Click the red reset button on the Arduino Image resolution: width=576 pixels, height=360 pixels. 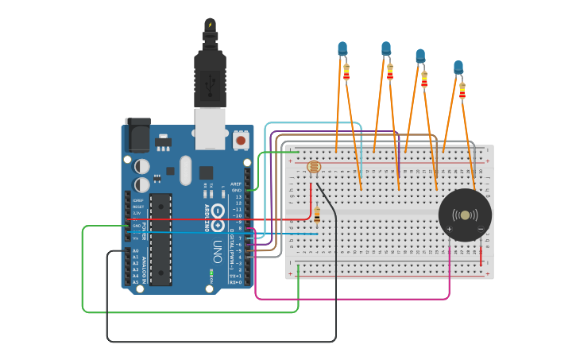[x=240, y=141]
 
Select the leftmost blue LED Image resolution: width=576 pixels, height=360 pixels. [x=342, y=49]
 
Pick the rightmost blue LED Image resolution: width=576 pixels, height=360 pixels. [x=458, y=68]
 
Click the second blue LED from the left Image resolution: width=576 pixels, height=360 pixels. [x=386, y=49]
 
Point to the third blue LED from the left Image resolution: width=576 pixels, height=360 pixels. [x=420, y=56]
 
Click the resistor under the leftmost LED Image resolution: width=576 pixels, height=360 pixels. [x=346, y=72]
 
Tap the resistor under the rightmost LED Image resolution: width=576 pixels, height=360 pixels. [x=462, y=91]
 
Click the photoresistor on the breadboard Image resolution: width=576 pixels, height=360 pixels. [x=312, y=168]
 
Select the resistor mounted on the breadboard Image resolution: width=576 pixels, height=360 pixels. [x=318, y=215]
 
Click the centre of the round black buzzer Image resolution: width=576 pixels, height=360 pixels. [x=465, y=215]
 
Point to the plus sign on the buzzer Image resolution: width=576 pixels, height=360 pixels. [x=449, y=230]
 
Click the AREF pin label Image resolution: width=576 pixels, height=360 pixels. [x=236, y=184]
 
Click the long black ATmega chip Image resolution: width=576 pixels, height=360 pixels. [x=160, y=238]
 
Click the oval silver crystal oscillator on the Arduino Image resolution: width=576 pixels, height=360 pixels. [x=186, y=169]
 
